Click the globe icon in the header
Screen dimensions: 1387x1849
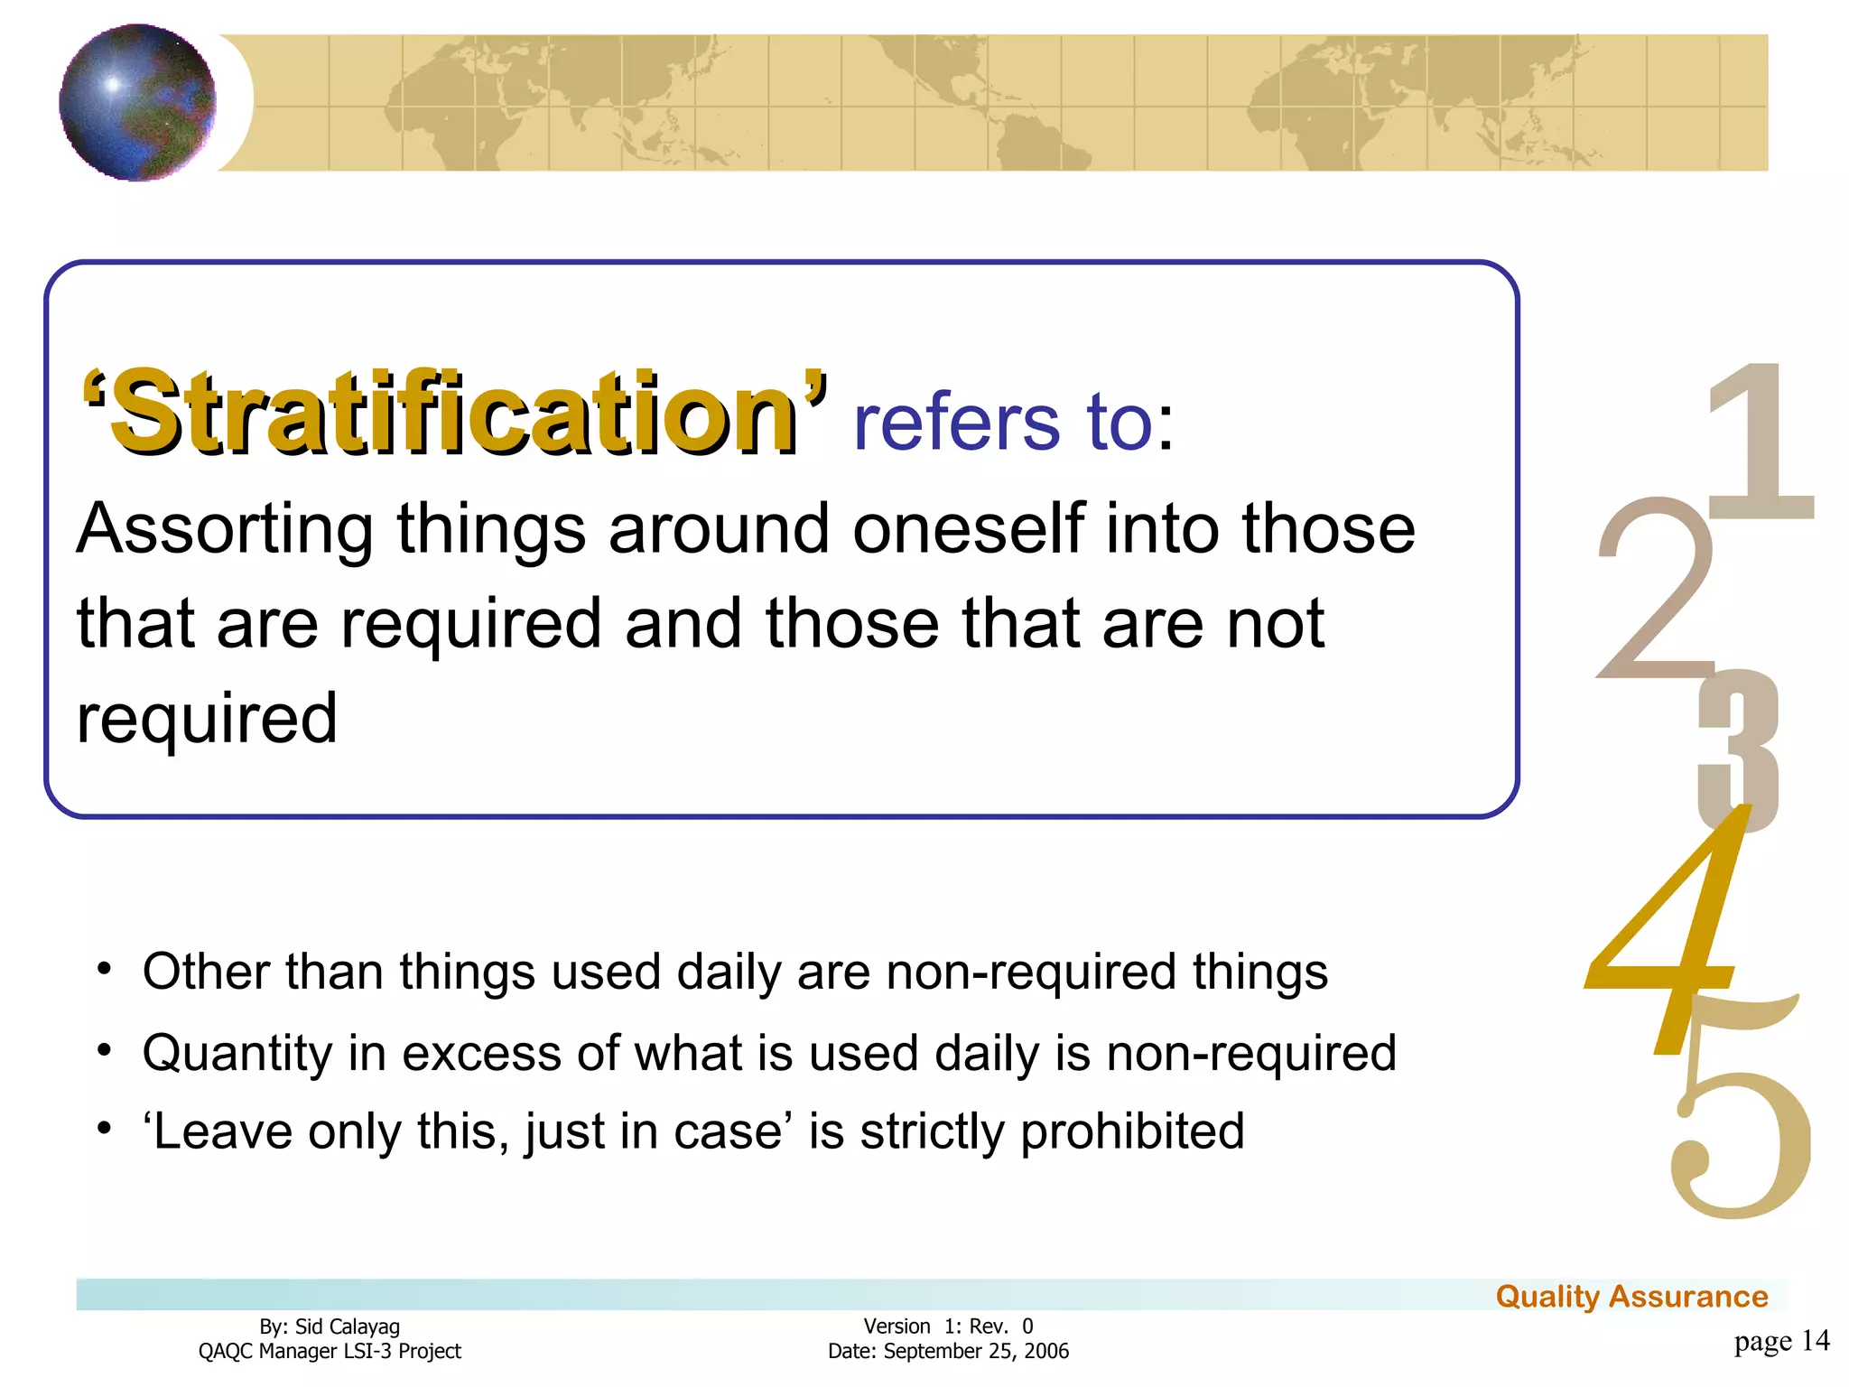[137, 102]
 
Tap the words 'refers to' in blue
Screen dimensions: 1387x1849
[1003, 423]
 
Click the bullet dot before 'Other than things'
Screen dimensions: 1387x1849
[105, 970]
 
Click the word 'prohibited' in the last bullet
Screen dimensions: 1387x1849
[1132, 1131]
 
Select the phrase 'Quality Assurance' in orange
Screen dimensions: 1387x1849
[1631, 1297]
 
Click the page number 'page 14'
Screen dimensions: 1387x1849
[1780, 1341]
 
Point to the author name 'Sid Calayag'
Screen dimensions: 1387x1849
[348, 1326]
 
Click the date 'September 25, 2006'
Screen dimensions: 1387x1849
[976, 1352]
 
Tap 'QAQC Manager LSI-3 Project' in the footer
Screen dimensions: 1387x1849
[330, 1352]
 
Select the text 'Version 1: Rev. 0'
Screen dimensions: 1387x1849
[948, 1326]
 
